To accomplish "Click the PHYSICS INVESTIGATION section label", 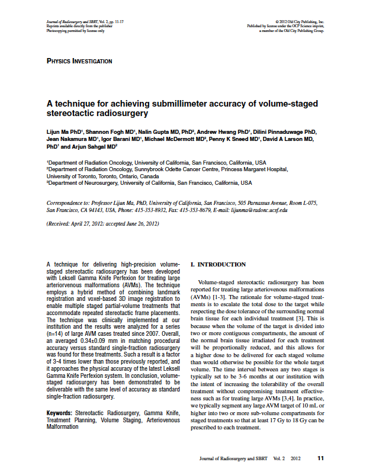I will click(x=79, y=61).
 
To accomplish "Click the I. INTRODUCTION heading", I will click(x=217, y=264).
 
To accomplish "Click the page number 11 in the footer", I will click(x=320, y=458).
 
